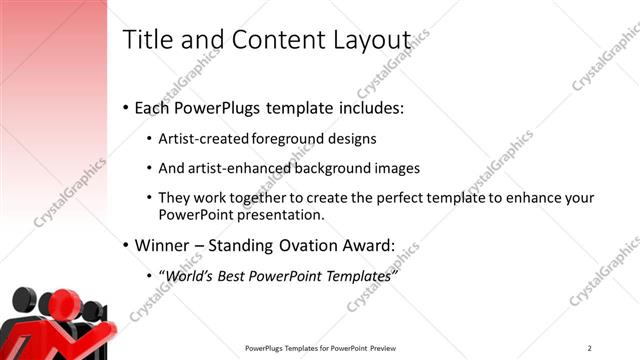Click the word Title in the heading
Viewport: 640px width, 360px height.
pos(145,39)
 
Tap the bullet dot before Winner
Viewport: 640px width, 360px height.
pos(125,246)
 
